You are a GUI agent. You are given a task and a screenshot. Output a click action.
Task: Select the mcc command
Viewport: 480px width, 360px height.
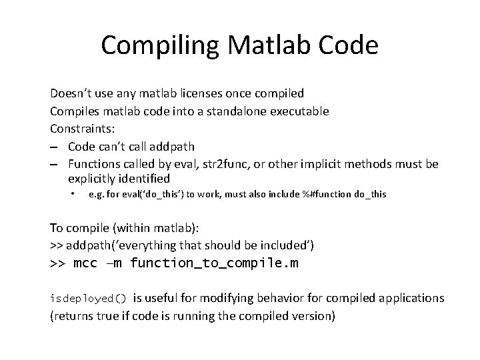pos(84,263)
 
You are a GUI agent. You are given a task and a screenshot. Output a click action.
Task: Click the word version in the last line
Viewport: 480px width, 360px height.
pos(313,315)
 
